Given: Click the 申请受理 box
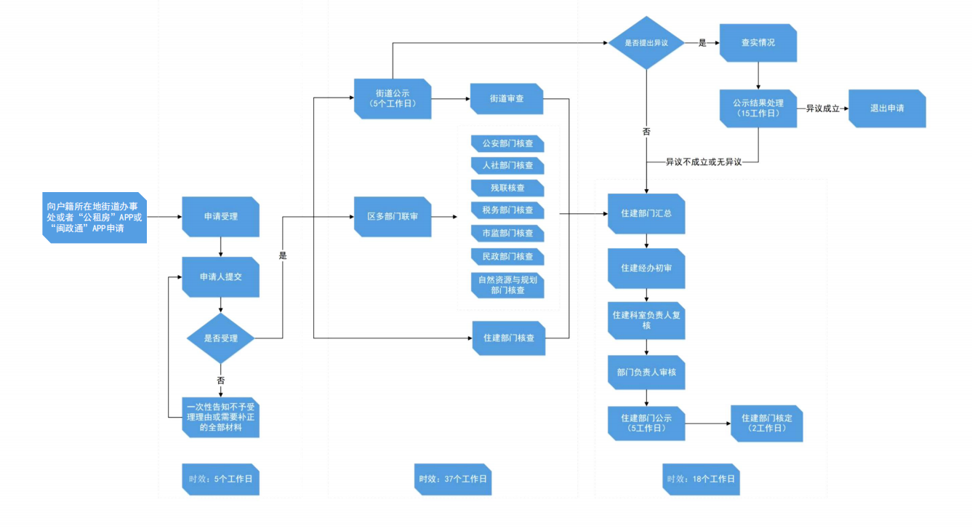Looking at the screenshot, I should click(x=220, y=216).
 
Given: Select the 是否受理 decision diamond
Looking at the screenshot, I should click(x=220, y=338).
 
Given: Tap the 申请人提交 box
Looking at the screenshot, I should click(x=220, y=277).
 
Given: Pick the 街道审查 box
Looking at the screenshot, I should click(x=507, y=98).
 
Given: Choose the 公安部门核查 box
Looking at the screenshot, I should click(x=507, y=143).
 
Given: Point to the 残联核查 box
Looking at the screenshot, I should click(x=507, y=188).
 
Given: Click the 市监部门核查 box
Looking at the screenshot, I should click(x=507, y=234).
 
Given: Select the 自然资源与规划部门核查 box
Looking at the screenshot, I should click(x=507, y=285).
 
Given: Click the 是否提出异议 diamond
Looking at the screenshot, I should click(x=646, y=43).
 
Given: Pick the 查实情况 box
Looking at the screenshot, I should click(x=758, y=43).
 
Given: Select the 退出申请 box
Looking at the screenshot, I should click(x=887, y=108).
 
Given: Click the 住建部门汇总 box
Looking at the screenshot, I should click(x=646, y=214).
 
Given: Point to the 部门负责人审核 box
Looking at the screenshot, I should click(x=646, y=372).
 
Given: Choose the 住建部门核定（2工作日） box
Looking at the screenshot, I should click(x=766, y=423).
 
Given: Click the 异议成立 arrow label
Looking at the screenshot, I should click(x=822, y=108).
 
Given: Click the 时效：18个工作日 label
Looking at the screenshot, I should click(x=702, y=479).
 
